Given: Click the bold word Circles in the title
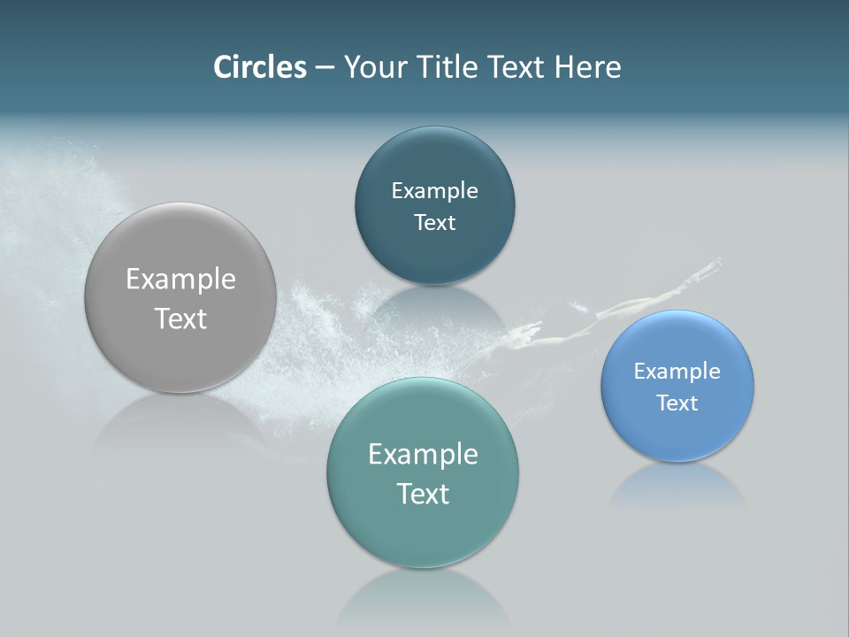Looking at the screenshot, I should point(259,67).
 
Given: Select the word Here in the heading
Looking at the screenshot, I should point(587,67).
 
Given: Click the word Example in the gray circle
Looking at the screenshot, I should point(180,280).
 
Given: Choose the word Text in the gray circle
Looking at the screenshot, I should point(180,318).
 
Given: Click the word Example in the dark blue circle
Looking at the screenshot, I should point(434,191).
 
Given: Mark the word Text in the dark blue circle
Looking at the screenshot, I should point(434,223).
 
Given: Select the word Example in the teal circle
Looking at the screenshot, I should point(423,455).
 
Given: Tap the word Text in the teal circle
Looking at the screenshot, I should point(423,494).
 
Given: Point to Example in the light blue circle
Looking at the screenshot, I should point(677,371).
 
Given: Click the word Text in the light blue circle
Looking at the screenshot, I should point(677,403).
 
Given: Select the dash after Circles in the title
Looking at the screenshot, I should point(325,68).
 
